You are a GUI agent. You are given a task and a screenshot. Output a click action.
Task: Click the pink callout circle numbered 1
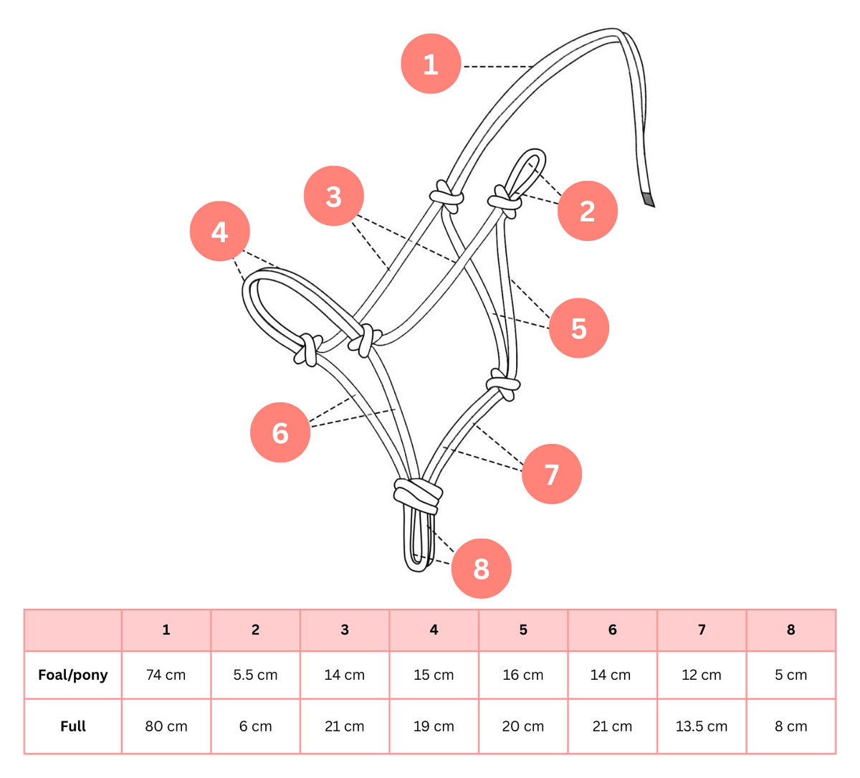431,65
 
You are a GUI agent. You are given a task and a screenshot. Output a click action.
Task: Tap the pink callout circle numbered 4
219,232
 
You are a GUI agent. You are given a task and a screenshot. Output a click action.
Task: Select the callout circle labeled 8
481,569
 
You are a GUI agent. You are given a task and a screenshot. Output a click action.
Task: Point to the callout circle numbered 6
280,432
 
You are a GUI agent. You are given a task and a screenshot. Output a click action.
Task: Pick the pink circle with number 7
551,474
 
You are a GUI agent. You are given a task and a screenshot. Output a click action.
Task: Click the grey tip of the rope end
648,199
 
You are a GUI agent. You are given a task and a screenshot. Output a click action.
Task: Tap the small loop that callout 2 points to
529,168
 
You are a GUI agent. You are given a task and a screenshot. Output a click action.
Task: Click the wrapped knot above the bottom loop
418,494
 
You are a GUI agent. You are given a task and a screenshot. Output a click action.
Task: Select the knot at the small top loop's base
505,201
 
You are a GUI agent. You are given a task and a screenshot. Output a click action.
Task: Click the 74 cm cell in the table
166,675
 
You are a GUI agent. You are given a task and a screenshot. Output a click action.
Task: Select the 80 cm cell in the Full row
166,726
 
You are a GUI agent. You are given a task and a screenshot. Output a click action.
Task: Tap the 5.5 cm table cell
255,675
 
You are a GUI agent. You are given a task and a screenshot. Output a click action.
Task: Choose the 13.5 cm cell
701,726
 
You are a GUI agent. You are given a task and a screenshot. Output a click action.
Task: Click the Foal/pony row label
73,675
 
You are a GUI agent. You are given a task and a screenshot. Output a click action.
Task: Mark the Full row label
73,726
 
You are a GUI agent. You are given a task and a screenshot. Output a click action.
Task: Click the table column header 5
523,630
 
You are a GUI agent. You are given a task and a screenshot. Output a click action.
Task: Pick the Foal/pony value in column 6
612,675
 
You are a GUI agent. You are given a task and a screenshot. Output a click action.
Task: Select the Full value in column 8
790,726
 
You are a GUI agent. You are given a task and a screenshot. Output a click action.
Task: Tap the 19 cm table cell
434,726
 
